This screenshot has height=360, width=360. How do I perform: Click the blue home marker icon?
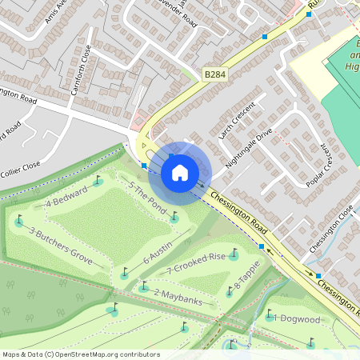click(x=180, y=172)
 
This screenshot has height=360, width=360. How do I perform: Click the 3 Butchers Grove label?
click(x=61, y=246)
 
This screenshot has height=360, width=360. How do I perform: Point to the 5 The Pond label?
click(x=147, y=200)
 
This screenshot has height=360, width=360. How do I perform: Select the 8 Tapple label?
click(x=247, y=286)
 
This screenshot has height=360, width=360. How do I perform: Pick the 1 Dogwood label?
click(x=297, y=318)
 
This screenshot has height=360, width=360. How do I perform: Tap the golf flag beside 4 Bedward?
click(x=98, y=180)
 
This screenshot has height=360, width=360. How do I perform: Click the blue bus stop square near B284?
click(x=264, y=36)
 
